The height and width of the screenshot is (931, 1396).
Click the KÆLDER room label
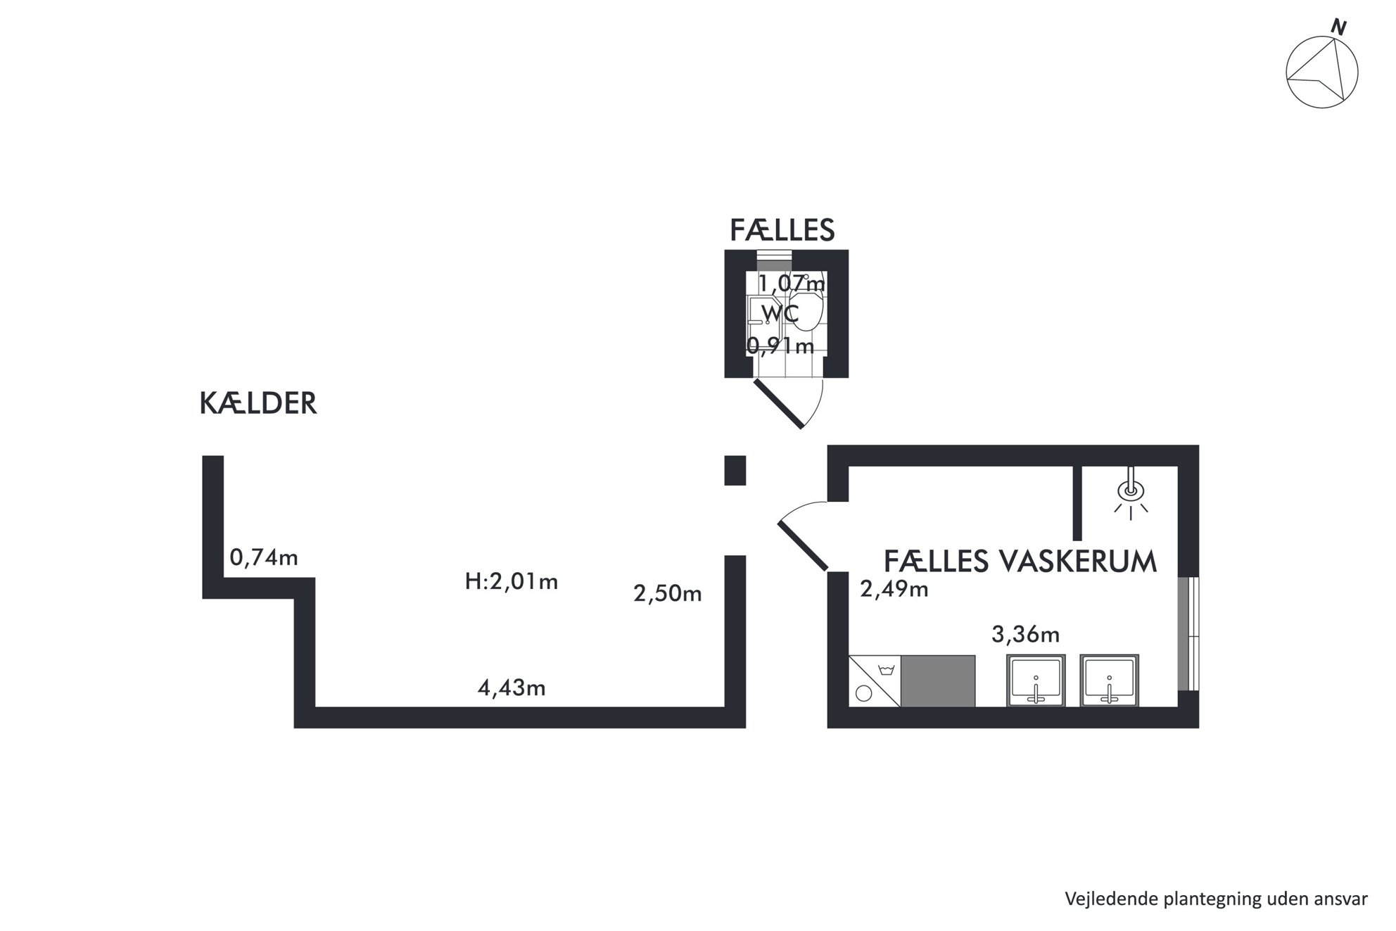click(258, 404)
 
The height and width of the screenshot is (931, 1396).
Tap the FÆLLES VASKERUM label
click(1020, 562)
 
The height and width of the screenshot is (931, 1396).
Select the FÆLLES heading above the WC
click(782, 230)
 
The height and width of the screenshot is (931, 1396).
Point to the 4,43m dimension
click(512, 688)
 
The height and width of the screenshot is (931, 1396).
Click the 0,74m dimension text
click(264, 558)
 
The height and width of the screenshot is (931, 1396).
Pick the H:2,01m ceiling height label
click(512, 582)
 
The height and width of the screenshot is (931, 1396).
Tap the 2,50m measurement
click(668, 594)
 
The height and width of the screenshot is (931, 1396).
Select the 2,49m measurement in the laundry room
click(894, 588)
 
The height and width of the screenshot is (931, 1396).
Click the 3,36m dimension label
click(1025, 635)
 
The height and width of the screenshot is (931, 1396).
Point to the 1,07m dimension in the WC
click(791, 284)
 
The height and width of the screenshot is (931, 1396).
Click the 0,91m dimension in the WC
click(780, 346)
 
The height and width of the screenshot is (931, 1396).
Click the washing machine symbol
click(875, 681)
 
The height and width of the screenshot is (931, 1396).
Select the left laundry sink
click(1036, 680)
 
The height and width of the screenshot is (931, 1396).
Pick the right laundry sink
click(1110, 680)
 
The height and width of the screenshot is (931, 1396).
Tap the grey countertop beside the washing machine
click(938, 681)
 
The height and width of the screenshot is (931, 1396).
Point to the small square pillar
click(735, 471)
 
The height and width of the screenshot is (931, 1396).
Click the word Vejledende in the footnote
click(1101, 899)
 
